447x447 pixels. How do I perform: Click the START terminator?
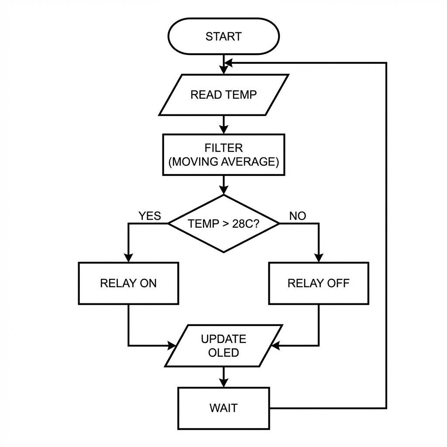223,36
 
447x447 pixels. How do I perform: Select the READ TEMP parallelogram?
223,95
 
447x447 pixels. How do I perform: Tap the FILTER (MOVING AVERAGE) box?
223,155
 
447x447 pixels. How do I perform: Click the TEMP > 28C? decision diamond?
223,223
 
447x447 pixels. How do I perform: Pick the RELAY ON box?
128,283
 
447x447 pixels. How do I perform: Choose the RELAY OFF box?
318,283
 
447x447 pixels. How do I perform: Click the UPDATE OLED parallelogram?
223,346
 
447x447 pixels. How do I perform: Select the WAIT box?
223,408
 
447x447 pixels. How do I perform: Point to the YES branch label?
150,216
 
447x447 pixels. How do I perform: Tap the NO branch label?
298,216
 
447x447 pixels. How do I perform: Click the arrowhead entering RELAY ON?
128,257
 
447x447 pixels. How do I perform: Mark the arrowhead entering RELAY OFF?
318,257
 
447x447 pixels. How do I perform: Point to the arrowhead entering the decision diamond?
223,190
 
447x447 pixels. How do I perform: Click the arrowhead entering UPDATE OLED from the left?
171,346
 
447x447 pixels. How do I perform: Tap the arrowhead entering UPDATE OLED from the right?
275,346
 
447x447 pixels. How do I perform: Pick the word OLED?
223,352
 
